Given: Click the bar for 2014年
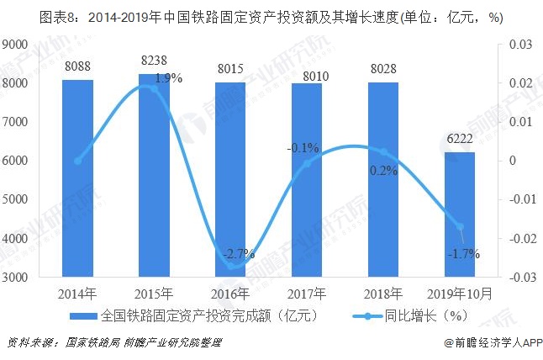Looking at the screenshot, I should pos(77,177).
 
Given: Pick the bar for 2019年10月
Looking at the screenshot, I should pos(460,214).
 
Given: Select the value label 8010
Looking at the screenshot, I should pos(307,78).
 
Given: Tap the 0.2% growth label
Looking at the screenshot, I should pos(383,170).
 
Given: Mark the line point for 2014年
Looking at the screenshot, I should pos(77,161).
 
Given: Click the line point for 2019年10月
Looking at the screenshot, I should pos(460,226).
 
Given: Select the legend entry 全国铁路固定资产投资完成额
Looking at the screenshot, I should pos(202,317).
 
